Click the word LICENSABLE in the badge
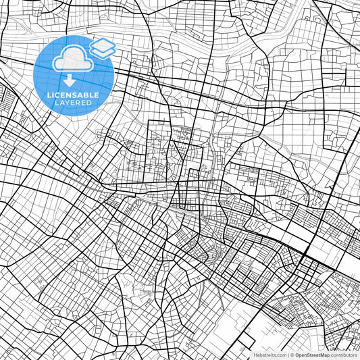click(x=74, y=95)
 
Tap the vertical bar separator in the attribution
click(x=288, y=355)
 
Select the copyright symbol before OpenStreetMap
click(x=292, y=355)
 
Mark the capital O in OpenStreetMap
click(x=297, y=355)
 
